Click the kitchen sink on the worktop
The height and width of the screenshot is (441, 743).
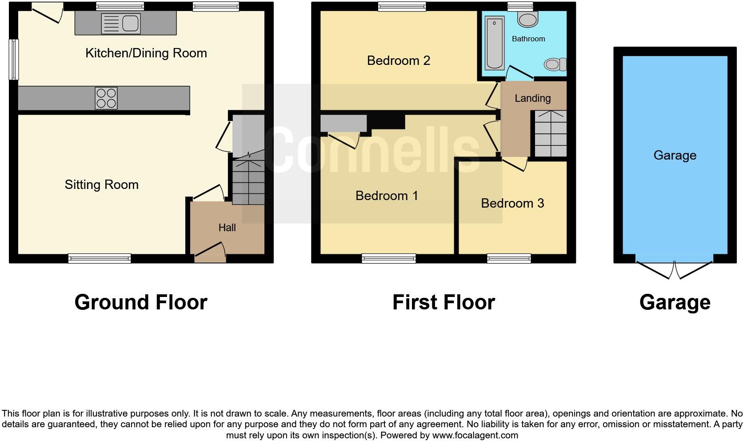[121, 24]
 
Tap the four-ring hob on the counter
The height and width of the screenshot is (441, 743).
[106, 98]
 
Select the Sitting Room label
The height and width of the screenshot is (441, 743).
[101, 184]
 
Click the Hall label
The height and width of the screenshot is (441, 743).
[227, 228]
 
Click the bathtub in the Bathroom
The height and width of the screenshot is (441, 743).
[495, 43]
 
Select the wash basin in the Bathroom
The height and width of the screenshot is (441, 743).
[528, 20]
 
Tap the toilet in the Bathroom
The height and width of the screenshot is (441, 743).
[555, 65]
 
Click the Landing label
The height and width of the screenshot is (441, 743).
[532, 98]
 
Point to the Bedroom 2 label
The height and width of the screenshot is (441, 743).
[399, 60]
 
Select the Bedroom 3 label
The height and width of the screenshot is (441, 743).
[512, 203]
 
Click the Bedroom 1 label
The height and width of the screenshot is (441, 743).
[387, 196]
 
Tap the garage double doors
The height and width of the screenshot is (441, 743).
[675, 269]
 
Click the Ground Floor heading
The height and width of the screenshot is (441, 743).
[141, 302]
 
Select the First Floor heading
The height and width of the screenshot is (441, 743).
[443, 302]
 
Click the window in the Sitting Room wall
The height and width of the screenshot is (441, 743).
[100, 258]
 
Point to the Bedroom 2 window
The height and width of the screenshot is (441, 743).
[402, 6]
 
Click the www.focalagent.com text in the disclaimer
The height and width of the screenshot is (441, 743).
[475, 435]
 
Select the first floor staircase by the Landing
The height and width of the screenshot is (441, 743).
[550, 133]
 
